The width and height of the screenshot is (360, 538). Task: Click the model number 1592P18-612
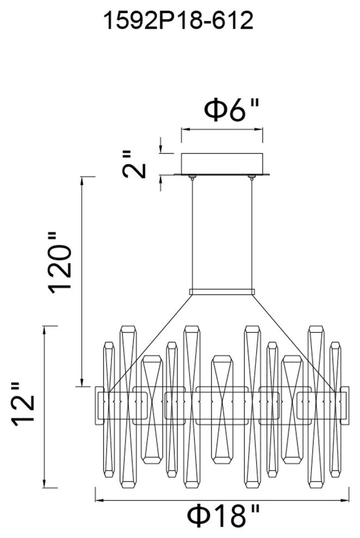coord(179,21)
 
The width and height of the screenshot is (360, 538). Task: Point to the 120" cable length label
coord(60,262)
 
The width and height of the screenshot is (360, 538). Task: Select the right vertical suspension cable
coord(252,234)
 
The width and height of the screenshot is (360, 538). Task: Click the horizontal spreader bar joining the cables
coord(222,292)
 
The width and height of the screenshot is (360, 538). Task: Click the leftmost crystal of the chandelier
coord(109,408)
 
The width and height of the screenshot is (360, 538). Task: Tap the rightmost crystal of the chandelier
coord(335,408)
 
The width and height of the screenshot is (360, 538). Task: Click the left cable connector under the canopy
coord(192,177)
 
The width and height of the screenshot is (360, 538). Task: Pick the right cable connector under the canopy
coord(252,177)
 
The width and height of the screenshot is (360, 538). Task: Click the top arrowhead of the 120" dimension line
coord(82,180)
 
